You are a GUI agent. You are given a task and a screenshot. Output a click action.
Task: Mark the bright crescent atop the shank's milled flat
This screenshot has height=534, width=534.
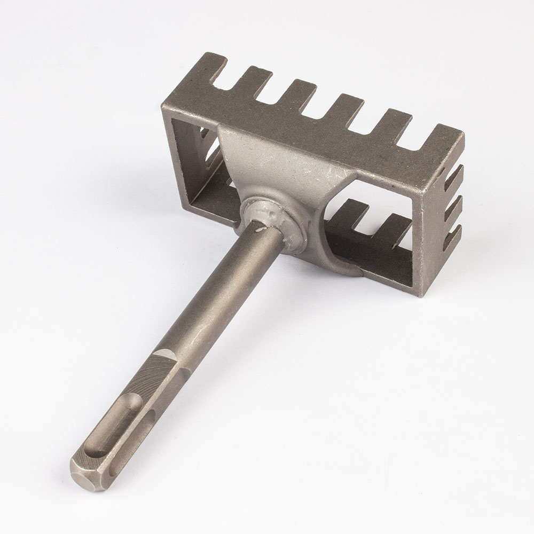point(166,353)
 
